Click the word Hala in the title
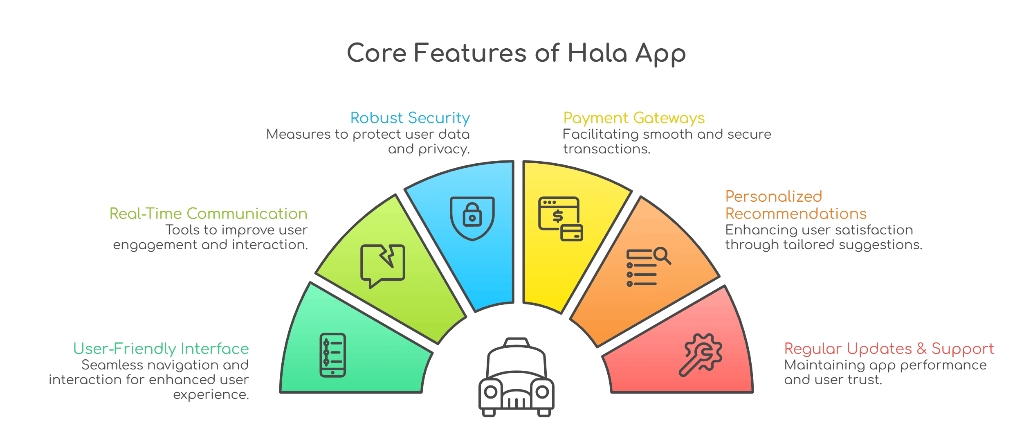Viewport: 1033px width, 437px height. [x=597, y=53]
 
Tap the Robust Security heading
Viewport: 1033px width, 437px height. [x=410, y=118]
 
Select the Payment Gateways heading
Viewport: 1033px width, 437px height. [x=634, y=118]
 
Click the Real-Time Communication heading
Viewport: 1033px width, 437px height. [x=208, y=214]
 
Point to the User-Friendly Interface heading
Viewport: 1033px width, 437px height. [x=161, y=349]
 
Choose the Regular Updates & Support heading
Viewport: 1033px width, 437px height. [x=889, y=349]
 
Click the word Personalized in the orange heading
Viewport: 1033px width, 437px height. [x=773, y=196]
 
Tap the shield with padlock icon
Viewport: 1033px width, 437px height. [x=472, y=218]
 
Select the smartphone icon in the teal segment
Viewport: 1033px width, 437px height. [x=332, y=355]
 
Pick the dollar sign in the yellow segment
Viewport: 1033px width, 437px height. [x=558, y=216]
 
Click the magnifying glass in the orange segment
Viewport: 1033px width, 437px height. [x=661, y=255]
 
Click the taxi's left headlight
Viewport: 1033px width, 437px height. [x=491, y=392]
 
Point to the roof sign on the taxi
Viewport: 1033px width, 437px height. [x=516, y=342]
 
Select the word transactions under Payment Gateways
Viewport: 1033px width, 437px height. [x=606, y=149]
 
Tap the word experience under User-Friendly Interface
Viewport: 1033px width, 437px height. [x=211, y=394]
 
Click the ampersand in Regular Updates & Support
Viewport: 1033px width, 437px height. [x=921, y=349]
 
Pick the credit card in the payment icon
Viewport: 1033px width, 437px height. [x=571, y=233]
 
